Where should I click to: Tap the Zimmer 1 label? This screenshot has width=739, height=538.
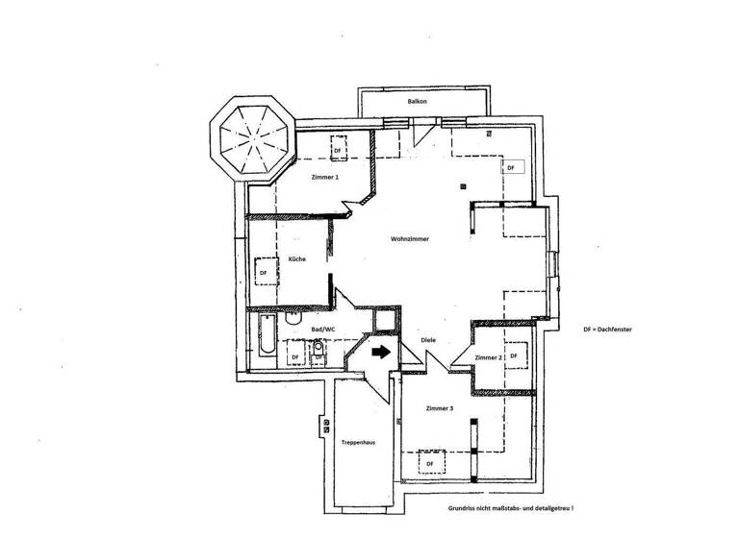click(325, 178)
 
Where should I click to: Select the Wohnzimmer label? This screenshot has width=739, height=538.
click(409, 238)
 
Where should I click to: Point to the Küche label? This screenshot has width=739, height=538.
click(296, 258)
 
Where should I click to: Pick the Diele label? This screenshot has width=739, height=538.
click(429, 340)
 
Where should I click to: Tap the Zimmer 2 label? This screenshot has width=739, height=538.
click(489, 357)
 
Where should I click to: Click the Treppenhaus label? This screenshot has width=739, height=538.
click(357, 442)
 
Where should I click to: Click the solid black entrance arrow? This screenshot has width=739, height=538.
click(381, 352)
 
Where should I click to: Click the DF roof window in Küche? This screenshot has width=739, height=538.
click(264, 272)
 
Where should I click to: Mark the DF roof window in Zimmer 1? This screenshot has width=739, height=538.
click(337, 151)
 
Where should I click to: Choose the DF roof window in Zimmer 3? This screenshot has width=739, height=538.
click(430, 464)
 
